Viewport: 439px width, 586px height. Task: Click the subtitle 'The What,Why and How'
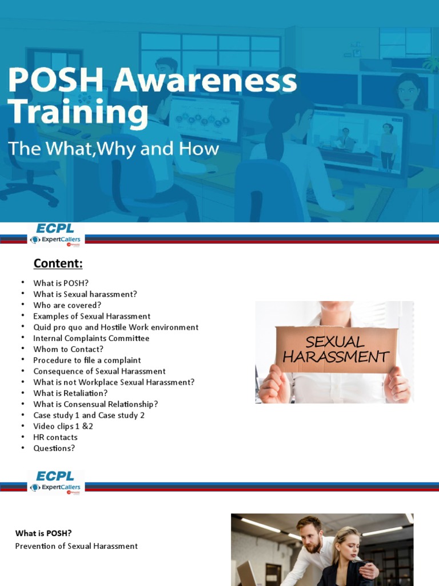tap(113, 149)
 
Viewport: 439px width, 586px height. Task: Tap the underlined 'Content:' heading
tap(58, 263)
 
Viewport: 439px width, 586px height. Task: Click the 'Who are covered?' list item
tap(67, 305)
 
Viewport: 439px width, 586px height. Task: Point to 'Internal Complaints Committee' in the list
tap(91, 338)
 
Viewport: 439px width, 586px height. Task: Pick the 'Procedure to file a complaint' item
tap(87, 360)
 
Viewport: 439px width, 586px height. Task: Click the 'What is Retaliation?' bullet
tap(70, 393)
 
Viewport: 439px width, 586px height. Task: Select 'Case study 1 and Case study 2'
tap(89, 415)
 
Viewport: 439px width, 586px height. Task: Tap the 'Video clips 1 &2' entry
tap(63, 426)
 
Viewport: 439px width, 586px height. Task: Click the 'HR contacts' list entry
tap(55, 437)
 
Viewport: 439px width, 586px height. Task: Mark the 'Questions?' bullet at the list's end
tap(54, 448)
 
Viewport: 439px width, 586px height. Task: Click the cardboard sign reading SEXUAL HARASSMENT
tap(336, 350)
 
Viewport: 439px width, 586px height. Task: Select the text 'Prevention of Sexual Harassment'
tap(76, 546)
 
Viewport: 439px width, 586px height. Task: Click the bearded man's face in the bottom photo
tap(311, 536)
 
